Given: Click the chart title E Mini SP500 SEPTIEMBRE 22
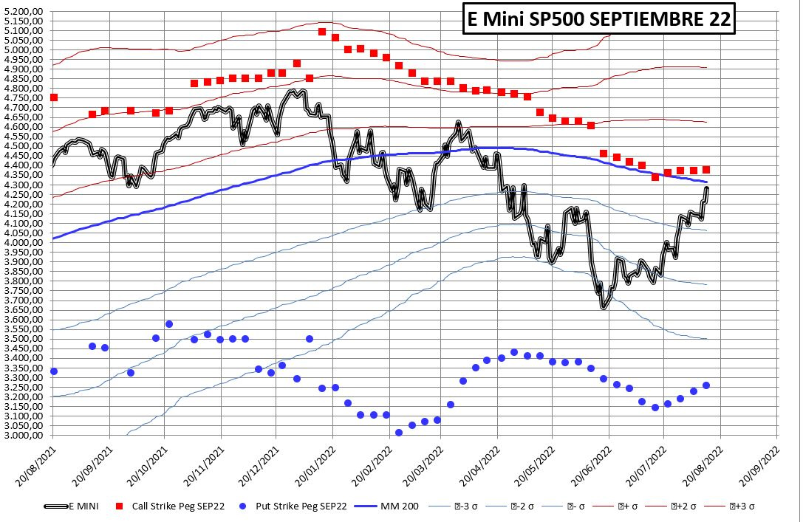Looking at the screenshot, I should pos(598,20).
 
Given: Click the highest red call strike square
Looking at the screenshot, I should pos(322,32).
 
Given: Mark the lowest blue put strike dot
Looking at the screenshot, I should pos(399,433).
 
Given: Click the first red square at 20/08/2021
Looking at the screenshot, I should pos(53,97).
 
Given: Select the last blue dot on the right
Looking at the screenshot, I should pos(706,385).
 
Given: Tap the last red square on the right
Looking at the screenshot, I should pos(706,170).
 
